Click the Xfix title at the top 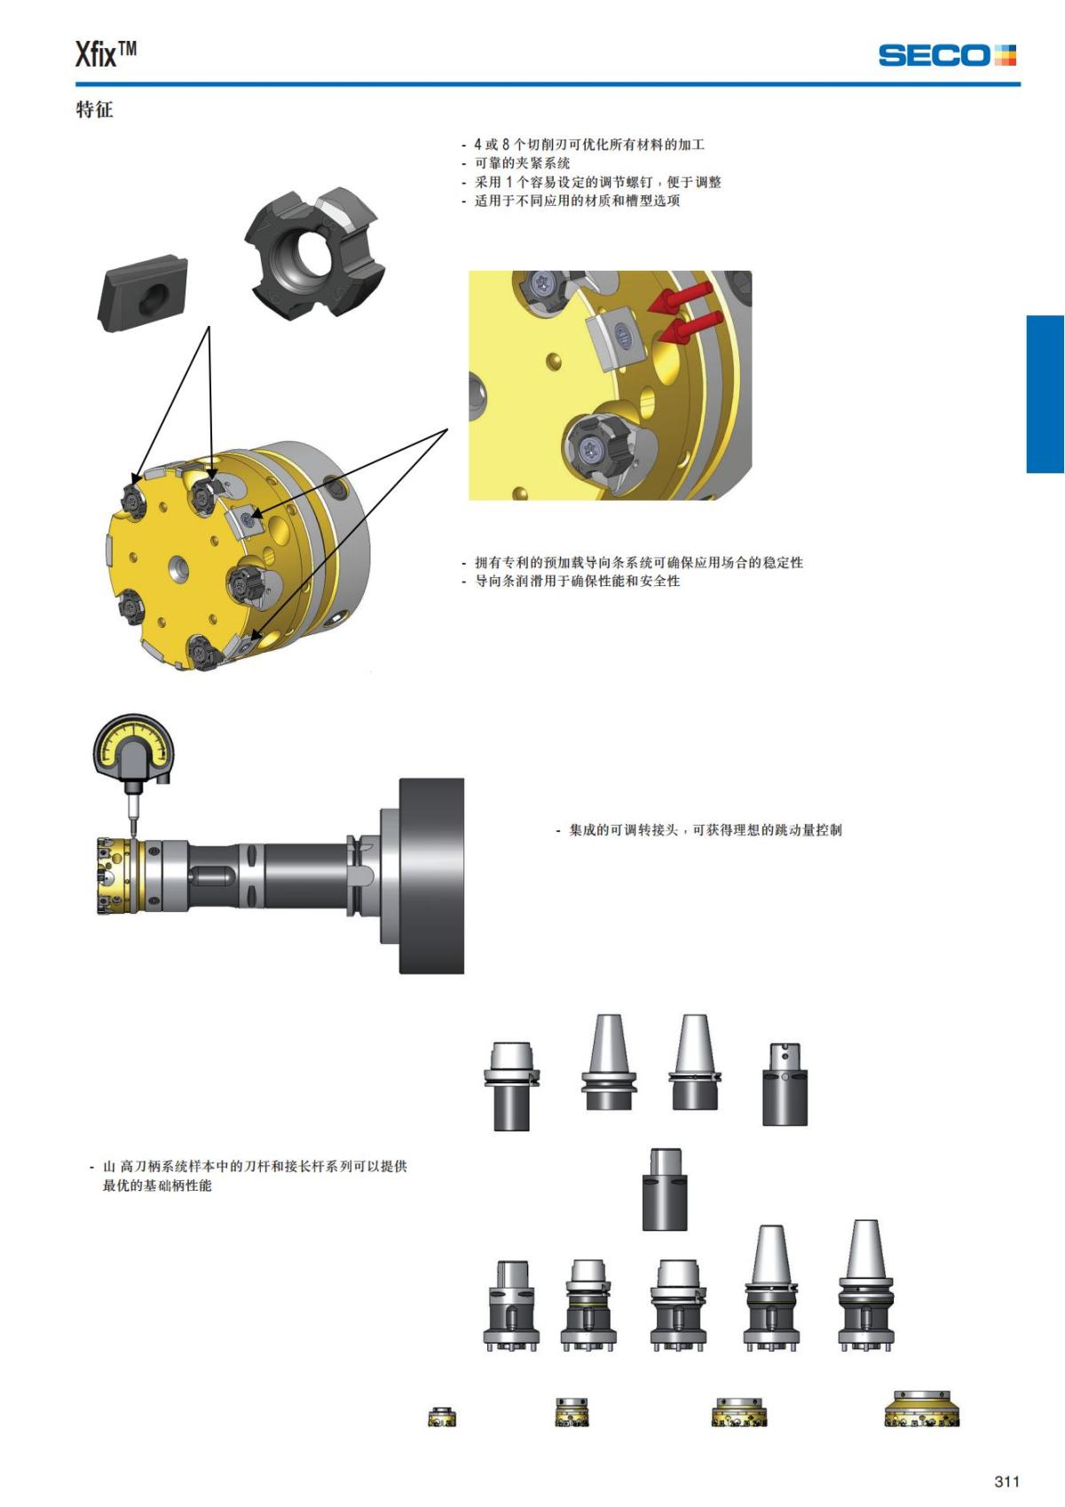point(106,55)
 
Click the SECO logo point(947,55)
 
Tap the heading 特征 point(94,109)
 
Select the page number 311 point(1006,1480)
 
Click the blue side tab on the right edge point(1045,393)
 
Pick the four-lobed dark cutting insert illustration point(315,255)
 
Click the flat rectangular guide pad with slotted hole point(143,293)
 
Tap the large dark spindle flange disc point(431,876)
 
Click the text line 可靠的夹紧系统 point(516,163)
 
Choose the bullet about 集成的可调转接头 point(698,829)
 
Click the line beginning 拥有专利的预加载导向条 point(632,562)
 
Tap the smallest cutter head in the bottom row point(442,1416)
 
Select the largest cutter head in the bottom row point(922,1408)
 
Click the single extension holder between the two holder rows point(664,1189)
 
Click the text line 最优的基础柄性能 point(157,1185)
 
